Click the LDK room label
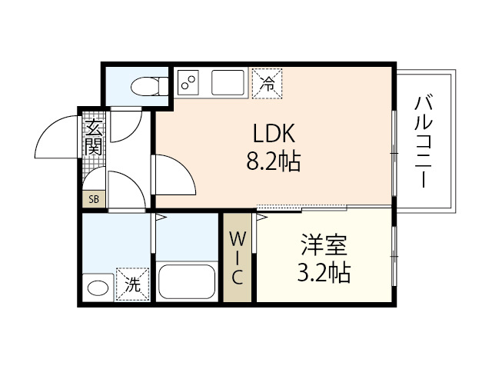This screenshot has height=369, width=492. click(x=274, y=133)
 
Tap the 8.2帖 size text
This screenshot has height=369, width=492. click(x=274, y=161)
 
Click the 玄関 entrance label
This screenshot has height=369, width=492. click(x=94, y=138)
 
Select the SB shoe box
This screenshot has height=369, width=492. click(x=94, y=199)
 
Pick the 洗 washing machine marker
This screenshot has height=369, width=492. click(x=132, y=283)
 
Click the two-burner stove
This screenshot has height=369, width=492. click(x=189, y=81)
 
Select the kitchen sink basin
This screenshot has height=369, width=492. click(x=228, y=81)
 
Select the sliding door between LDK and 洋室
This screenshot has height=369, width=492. click(x=301, y=208)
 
